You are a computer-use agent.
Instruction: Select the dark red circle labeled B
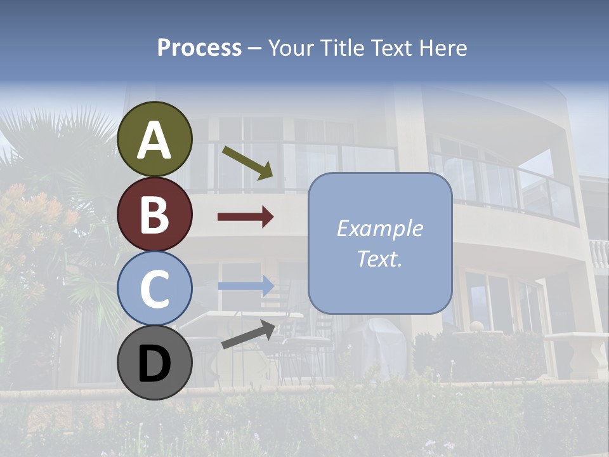(155, 214)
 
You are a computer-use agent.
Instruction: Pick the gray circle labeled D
(155, 362)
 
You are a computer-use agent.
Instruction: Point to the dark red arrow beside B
(246, 217)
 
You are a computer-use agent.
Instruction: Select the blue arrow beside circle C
(246, 286)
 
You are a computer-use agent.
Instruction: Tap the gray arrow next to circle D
(248, 335)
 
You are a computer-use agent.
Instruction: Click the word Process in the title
(199, 48)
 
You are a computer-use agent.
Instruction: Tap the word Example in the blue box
(379, 228)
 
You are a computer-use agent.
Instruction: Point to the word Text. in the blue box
(379, 259)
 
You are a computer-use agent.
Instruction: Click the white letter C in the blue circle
(155, 289)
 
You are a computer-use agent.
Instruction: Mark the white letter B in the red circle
(155, 214)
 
